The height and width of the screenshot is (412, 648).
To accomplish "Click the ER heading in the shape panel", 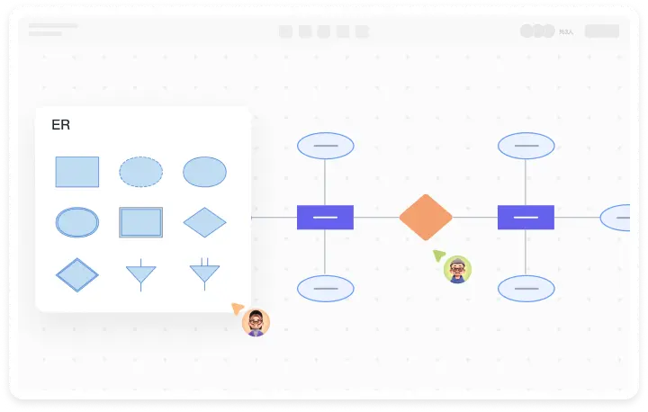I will (x=61, y=125).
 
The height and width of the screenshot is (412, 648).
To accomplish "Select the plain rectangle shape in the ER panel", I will (x=77, y=172).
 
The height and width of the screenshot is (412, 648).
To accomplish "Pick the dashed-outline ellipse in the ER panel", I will (x=141, y=172).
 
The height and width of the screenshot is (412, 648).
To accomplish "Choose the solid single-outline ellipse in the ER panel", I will (x=204, y=172).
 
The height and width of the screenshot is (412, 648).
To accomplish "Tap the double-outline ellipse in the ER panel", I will (x=77, y=222).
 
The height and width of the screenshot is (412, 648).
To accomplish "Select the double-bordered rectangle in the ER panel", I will (x=141, y=222).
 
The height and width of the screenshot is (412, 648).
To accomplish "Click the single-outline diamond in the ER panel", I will (x=204, y=222).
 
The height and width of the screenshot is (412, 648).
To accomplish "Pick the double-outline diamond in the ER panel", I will (x=77, y=274).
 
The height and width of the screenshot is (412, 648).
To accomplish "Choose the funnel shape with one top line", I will (x=141, y=274).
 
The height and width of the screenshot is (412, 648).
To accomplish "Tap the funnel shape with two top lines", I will (x=204, y=273).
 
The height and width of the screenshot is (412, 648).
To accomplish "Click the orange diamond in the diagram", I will (x=426, y=218).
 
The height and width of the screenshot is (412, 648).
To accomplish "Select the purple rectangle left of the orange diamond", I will (x=325, y=218).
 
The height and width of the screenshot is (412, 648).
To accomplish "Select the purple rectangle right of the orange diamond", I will (x=526, y=218).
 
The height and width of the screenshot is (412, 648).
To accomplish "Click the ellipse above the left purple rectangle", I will (x=325, y=146).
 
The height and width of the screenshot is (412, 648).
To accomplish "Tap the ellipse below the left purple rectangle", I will (x=325, y=289).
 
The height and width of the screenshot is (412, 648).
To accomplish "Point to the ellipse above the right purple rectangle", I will (x=526, y=146).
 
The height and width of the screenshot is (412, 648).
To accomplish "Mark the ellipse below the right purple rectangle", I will (x=526, y=289).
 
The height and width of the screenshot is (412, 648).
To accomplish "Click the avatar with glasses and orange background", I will (x=256, y=322).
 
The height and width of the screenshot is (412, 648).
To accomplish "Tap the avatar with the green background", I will (x=458, y=269).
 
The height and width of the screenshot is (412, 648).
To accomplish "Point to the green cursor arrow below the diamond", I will (x=438, y=255).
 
